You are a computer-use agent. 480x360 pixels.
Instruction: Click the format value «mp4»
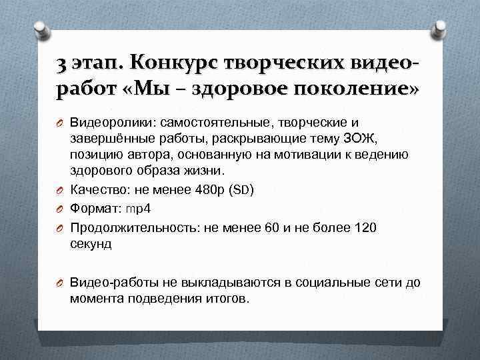[x=141, y=209]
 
